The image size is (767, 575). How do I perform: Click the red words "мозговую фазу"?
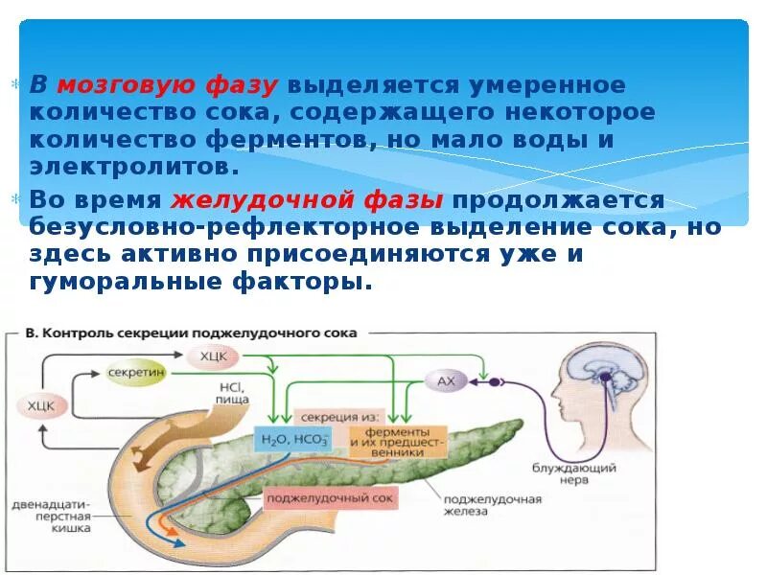point(168,84)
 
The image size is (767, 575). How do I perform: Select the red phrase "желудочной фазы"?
point(307,200)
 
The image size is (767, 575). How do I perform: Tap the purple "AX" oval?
point(446,380)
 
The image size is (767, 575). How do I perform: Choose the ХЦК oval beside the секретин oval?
point(213,356)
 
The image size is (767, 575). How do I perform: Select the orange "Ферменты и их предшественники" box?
point(397,441)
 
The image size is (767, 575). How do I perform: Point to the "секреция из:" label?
point(341,417)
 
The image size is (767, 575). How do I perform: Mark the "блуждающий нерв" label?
point(574,475)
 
